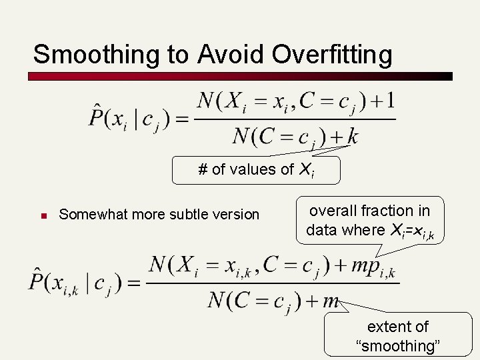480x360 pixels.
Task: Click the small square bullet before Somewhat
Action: click(x=41, y=215)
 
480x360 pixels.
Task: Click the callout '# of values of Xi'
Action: click(x=256, y=170)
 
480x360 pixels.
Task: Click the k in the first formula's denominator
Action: click(x=353, y=137)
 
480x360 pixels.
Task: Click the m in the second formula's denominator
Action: click(x=331, y=301)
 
